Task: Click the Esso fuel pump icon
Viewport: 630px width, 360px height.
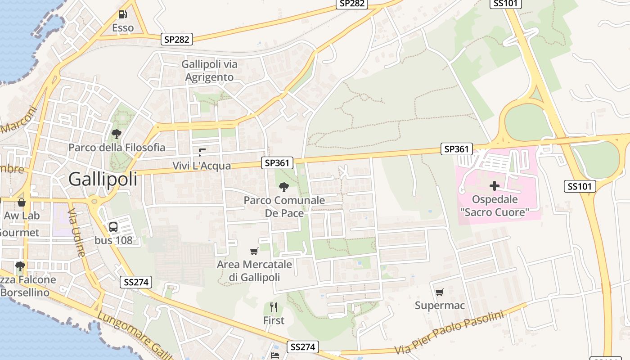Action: coord(122,14)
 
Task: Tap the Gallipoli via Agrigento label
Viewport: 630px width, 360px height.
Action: coord(210,71)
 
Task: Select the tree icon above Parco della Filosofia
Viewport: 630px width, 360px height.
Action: coord(117,134)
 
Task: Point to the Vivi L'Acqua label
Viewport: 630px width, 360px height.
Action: coord(202,166)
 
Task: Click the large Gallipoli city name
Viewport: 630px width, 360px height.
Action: coord(103,179)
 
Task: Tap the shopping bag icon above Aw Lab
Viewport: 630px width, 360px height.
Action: coord(21,202)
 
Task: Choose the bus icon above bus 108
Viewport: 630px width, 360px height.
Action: coord(113,227)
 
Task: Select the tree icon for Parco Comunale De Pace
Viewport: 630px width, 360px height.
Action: coord(284,187)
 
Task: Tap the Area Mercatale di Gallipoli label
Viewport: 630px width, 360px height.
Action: coord(254,271)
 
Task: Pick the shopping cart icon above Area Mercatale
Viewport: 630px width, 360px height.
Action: coord(254,251)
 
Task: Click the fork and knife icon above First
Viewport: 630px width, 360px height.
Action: coord(274,307)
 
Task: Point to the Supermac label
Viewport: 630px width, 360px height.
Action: coord(440,306)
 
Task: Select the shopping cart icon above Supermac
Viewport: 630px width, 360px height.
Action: coord(440,292)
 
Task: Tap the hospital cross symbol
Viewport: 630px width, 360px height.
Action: coord(495,185)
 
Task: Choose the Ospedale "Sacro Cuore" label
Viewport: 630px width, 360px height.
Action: coord(495,206)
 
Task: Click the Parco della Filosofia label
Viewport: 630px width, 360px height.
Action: coord(117,148)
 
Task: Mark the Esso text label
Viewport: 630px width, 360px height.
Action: coord(123,28)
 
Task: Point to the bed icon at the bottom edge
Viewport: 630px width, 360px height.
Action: coord(275,355)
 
